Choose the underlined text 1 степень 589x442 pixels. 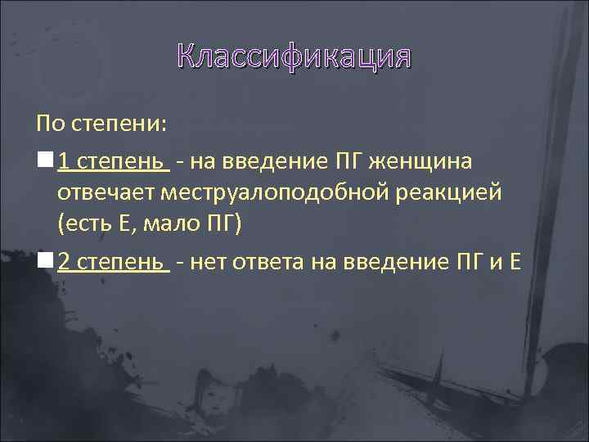(114, 162)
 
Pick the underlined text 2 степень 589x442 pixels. (114, 263)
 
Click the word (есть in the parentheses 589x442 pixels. (86, 224)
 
